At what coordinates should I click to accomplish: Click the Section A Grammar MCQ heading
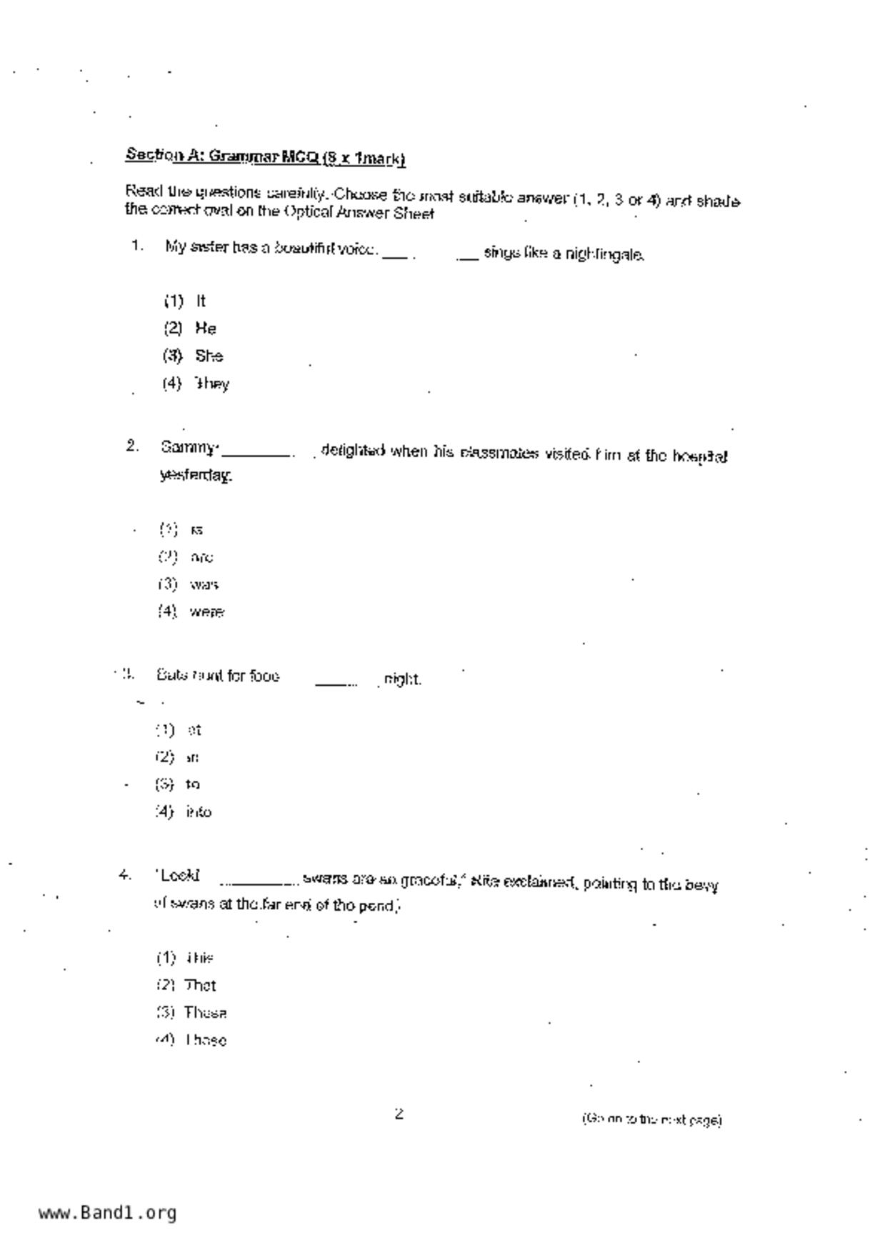point(266,156)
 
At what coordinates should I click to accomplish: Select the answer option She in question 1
point(209,356)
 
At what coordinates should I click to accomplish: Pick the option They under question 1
point(211,384)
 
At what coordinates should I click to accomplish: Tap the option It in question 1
point(201,301)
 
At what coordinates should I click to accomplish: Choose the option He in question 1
point(205,329)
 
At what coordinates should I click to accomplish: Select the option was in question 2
point(204,585)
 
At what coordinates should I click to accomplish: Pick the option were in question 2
point(206,612)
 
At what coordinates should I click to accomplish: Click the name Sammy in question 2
point(188,448)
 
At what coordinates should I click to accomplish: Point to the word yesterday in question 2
point(196,475)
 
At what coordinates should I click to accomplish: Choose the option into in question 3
point(198,812)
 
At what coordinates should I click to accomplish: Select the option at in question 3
point(194,730)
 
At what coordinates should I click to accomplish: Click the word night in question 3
point(402,679)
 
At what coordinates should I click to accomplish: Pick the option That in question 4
point(200,986)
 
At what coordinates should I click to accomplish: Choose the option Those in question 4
point(206,1041)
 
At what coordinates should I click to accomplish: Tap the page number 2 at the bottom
point(399,1114)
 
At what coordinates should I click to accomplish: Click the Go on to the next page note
point(651,1119)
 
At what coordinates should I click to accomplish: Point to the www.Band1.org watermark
point(107,1213)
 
